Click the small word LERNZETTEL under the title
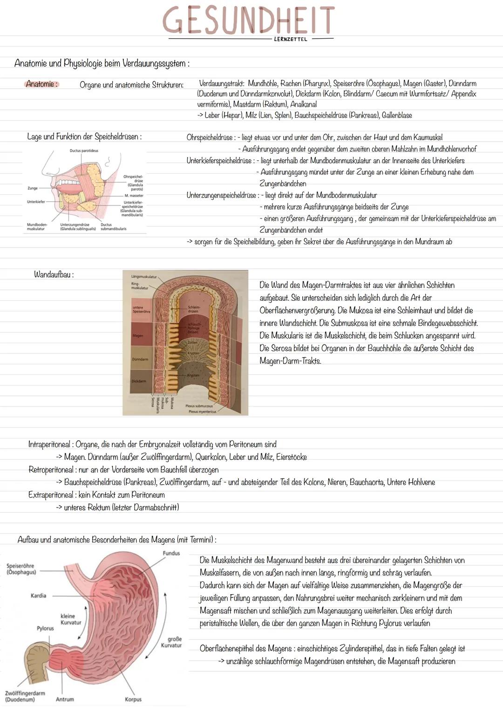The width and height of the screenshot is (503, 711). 291,40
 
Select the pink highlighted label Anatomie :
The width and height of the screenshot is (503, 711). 42,84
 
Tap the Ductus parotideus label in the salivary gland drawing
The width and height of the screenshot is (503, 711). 84,151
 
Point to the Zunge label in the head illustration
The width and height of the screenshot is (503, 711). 33,188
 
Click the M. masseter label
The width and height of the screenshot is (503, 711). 133,196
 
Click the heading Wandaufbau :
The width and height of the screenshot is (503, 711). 54,274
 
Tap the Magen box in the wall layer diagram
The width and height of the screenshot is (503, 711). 138,335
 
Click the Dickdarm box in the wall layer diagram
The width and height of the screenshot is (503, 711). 139,381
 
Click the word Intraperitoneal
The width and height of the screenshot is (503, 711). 50,444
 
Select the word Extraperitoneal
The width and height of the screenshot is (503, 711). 50,494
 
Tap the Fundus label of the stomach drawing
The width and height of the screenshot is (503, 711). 171,553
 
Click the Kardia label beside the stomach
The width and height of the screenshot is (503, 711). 38,596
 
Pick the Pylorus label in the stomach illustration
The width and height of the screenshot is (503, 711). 45,628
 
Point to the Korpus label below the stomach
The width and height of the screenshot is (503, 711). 133,699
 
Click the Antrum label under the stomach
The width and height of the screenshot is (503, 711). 65,699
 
